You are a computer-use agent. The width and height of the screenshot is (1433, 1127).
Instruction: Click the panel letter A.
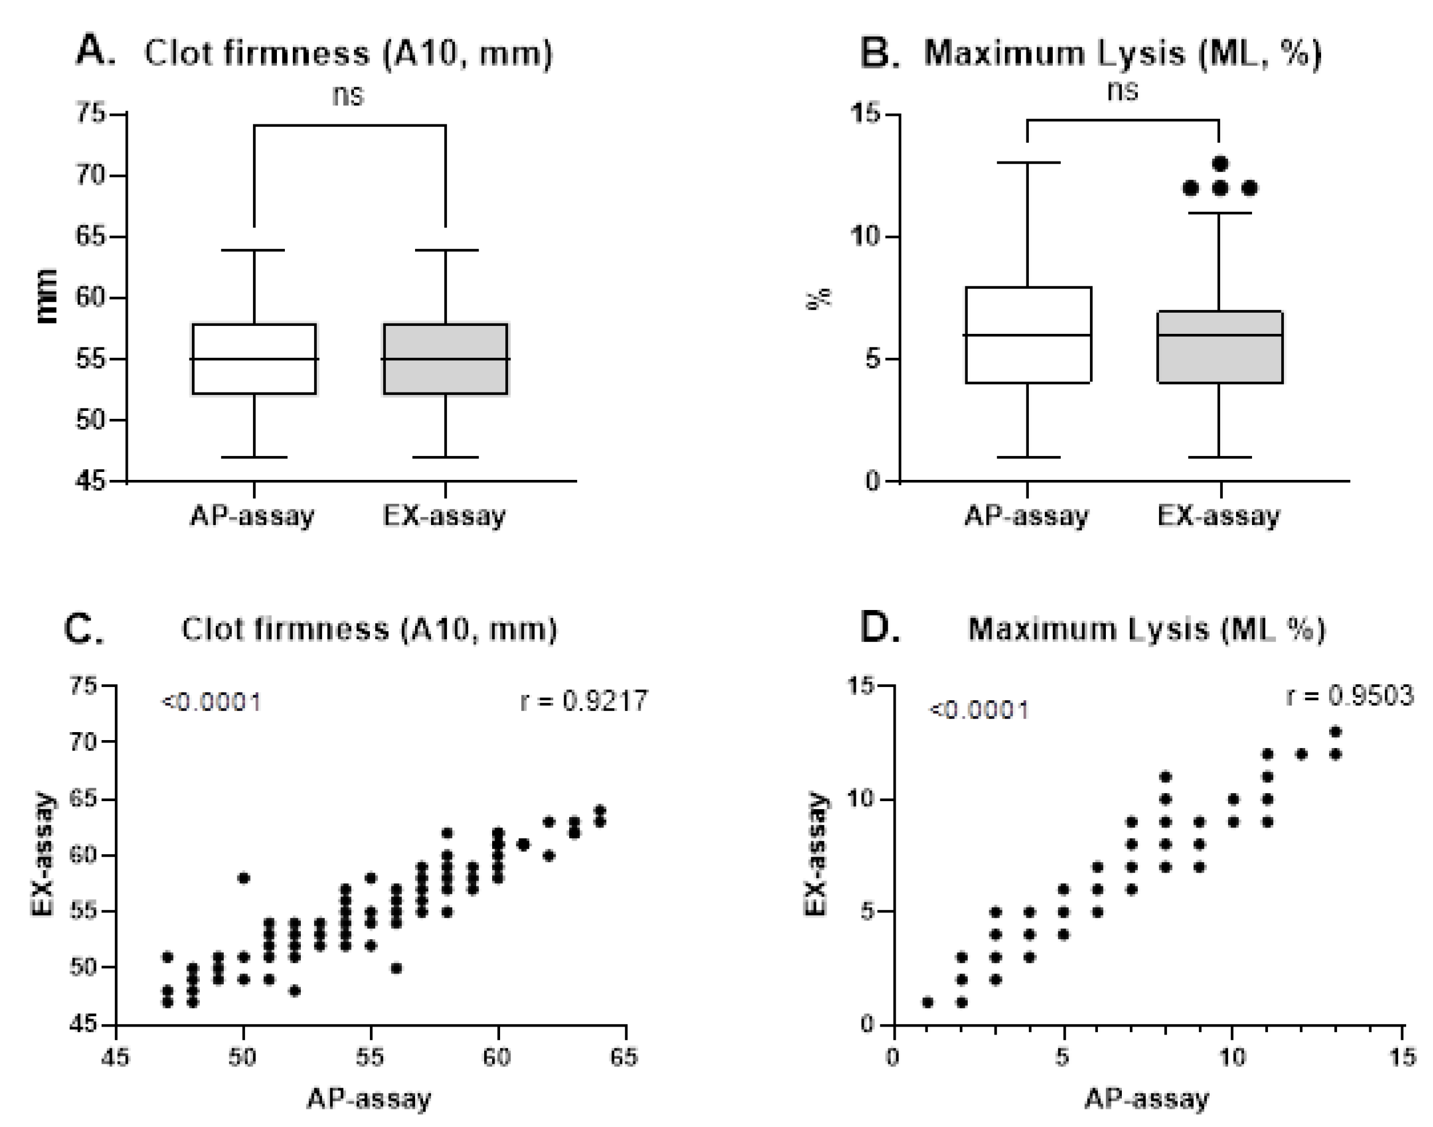tap(96, 51)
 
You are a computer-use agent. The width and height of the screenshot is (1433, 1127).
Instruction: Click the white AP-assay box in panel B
tap(1028, 334)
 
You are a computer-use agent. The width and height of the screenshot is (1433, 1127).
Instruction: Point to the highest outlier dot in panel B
tap(1220, 163)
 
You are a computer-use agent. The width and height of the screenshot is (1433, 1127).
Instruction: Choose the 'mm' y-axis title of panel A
tap(47, 297)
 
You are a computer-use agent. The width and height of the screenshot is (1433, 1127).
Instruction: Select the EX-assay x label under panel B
tap(1218, 515)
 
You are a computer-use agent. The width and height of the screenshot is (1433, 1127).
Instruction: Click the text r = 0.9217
tap(583, 701)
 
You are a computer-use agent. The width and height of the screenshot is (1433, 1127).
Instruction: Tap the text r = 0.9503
tap(1350, 696)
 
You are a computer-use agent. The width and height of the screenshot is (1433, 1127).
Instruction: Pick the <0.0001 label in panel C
tap(211, 701)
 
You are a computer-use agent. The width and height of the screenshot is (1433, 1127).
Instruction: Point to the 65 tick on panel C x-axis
tap(624, 1058)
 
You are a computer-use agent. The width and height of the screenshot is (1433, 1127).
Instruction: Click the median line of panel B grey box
tap(1220, 335)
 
